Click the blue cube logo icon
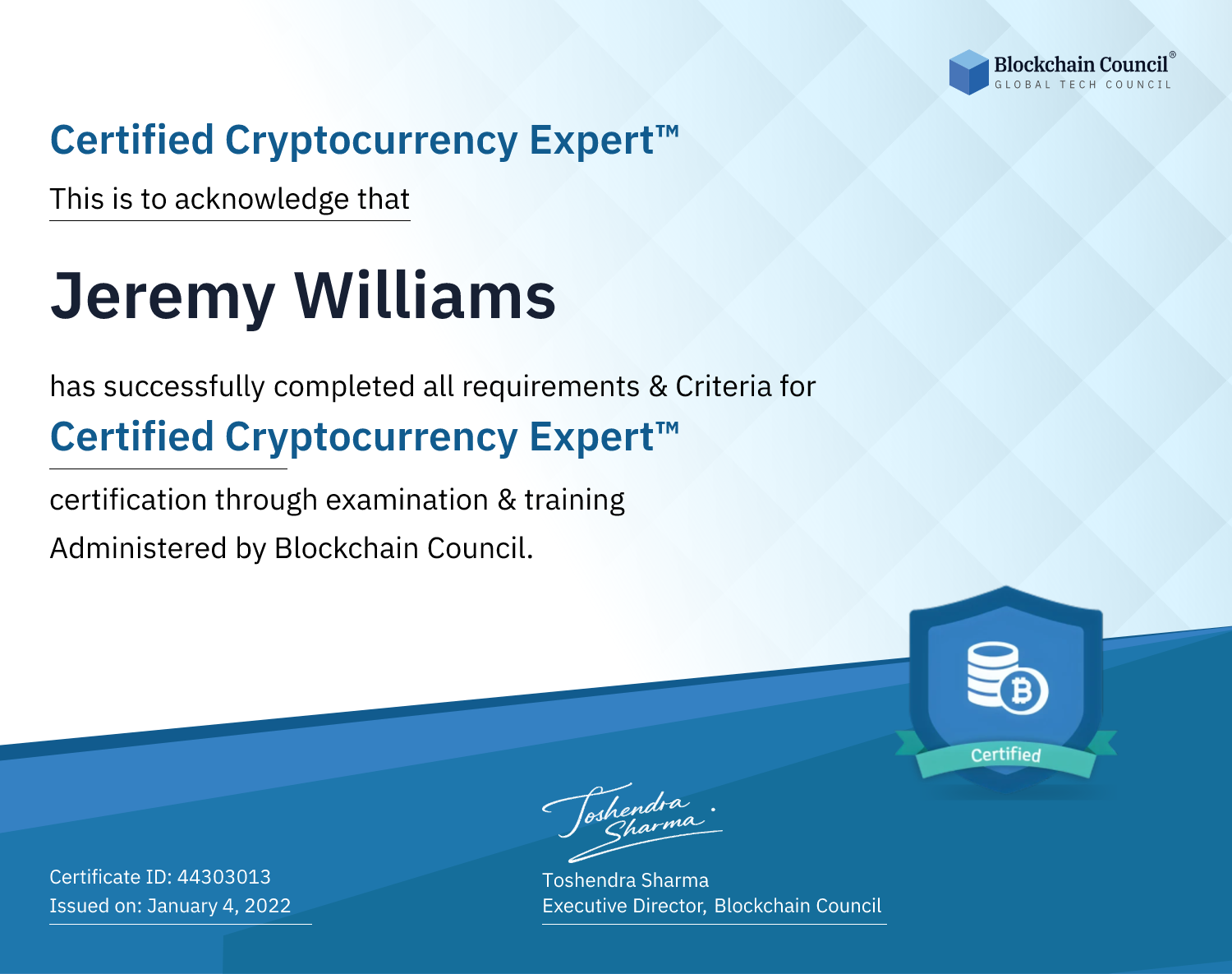point(968,72)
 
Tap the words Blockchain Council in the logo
point(1081,65)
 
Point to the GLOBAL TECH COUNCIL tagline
point(1083,85)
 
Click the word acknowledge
point(262,200)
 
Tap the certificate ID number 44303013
point(224,876)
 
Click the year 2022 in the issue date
point(268,906)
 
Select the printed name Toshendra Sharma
point(625,880)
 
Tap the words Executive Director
point(623,906)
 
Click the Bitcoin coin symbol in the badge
point(1023,690)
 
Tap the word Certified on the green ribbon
point(1005,755)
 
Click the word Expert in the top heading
point(592,141)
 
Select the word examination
point(407,500)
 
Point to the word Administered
point(138,548)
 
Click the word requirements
point(551,387)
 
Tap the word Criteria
point(723,385)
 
